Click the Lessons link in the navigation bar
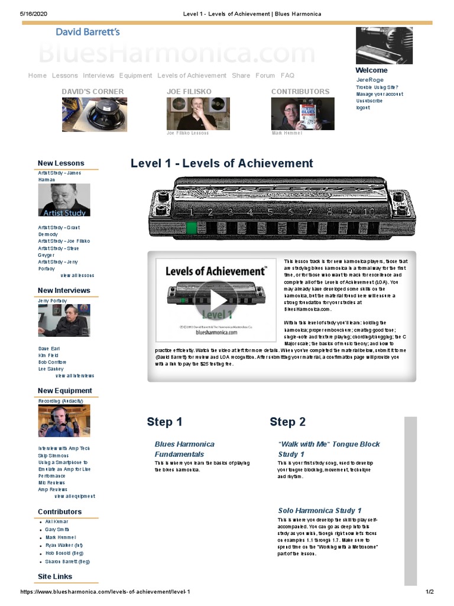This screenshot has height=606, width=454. coord(64,76)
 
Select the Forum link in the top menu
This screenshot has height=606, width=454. coord(265,76)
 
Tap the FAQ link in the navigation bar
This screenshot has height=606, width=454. coord(287,76)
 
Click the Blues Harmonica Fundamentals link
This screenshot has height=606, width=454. coord(184,449)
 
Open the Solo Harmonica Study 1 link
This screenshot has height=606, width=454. coord(320,510)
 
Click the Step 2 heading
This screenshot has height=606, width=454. coord(287,422)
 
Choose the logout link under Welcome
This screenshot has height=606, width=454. coord(363,108)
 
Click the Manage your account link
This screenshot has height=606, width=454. coord(380,94)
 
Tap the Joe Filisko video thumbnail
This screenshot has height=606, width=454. coord(190,114)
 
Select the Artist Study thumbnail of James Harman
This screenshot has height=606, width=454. coord(64,200)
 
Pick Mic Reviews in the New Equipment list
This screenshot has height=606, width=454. coord(51,483)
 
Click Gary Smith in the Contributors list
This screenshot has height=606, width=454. coord(57,529)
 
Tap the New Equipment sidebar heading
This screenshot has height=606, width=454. coord(64,391)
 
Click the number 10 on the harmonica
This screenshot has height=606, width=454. coord(369,212)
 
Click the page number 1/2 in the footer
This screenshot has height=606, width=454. coord(430,592)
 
